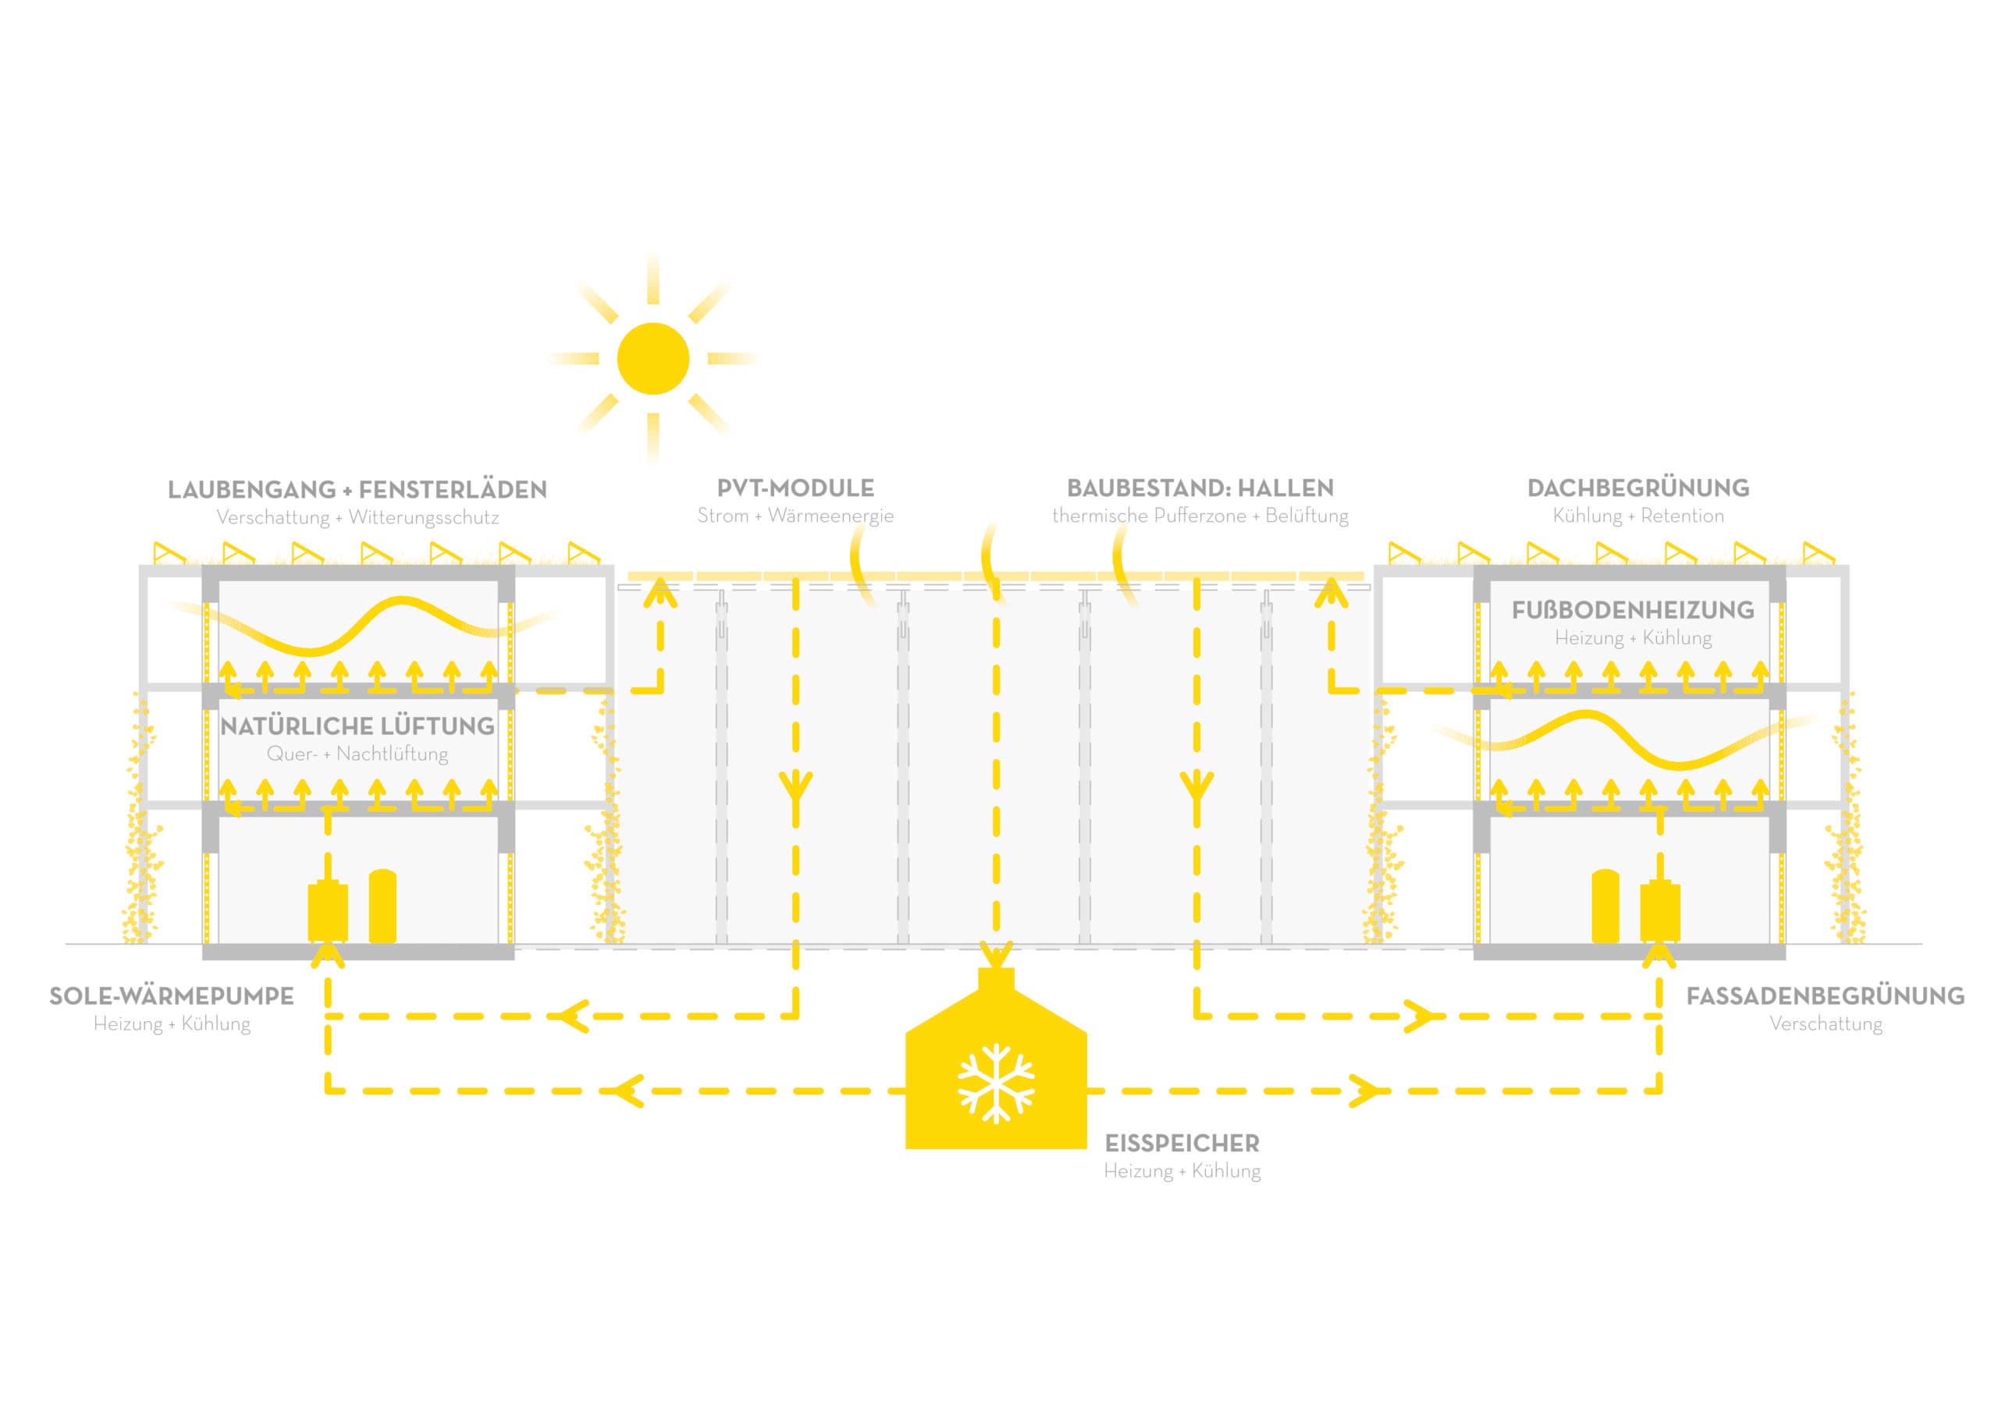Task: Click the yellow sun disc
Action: click(x=652, y=358)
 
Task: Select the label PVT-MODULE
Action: click(x=795, y=488)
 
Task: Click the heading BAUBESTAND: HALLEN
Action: click(x=1200, y=488)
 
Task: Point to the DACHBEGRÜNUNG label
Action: click(x=1637, y=488)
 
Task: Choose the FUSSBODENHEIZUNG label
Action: click(x=1633, y=611)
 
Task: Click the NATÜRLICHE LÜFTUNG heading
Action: click(x=357, y=726)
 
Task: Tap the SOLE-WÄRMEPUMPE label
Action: click(x=172, y=996)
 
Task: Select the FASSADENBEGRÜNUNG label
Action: click(x=1825, y=996)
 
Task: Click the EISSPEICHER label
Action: click(x=1182, y=1143)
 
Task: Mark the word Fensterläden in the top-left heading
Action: click(x=453, y=490)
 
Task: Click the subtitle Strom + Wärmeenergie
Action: click(x=795, y=516)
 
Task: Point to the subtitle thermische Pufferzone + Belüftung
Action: click(x=1200, y=516)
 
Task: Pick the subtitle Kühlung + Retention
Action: click(x=1637, y=516)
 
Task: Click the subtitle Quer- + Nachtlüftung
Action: click(x=357, y=754)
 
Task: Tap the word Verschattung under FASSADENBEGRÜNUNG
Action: click(x=1826, y=1024)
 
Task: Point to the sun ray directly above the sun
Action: click(x=652, y=278)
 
